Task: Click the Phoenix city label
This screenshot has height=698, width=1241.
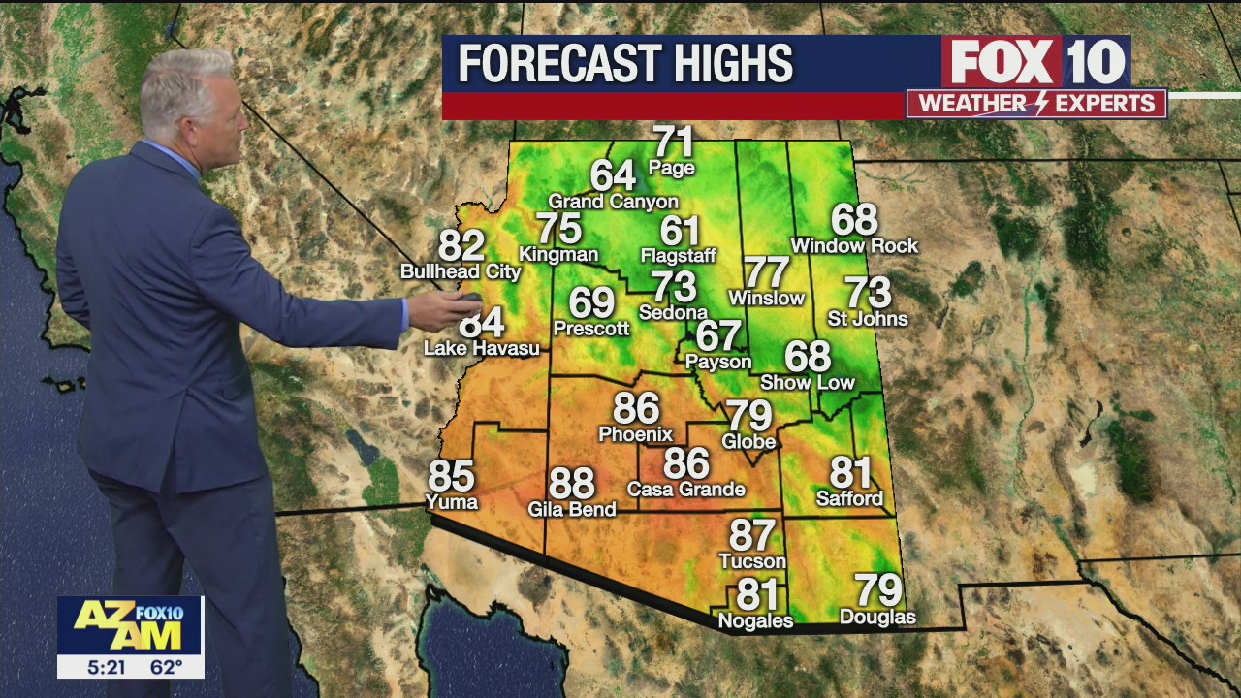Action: coord(636,434)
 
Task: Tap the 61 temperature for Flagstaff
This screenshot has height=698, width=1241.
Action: coord(680,231)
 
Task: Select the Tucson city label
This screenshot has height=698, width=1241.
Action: coord(752,561)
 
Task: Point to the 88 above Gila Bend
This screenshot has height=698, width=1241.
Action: coord(571,483)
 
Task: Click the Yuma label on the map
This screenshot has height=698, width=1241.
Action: coord(452,501)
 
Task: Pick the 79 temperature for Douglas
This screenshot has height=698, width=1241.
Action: coord(877,589)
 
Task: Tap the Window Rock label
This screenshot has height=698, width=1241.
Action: coord(854,246)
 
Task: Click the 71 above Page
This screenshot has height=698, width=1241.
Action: coord(674,142)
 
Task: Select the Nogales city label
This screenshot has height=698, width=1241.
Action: coord(755,620)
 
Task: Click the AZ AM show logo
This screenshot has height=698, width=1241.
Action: coord(130,625)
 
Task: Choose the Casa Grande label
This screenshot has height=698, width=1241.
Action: coord(686,490)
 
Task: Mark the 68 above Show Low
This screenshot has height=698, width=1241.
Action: coord(808,357)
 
